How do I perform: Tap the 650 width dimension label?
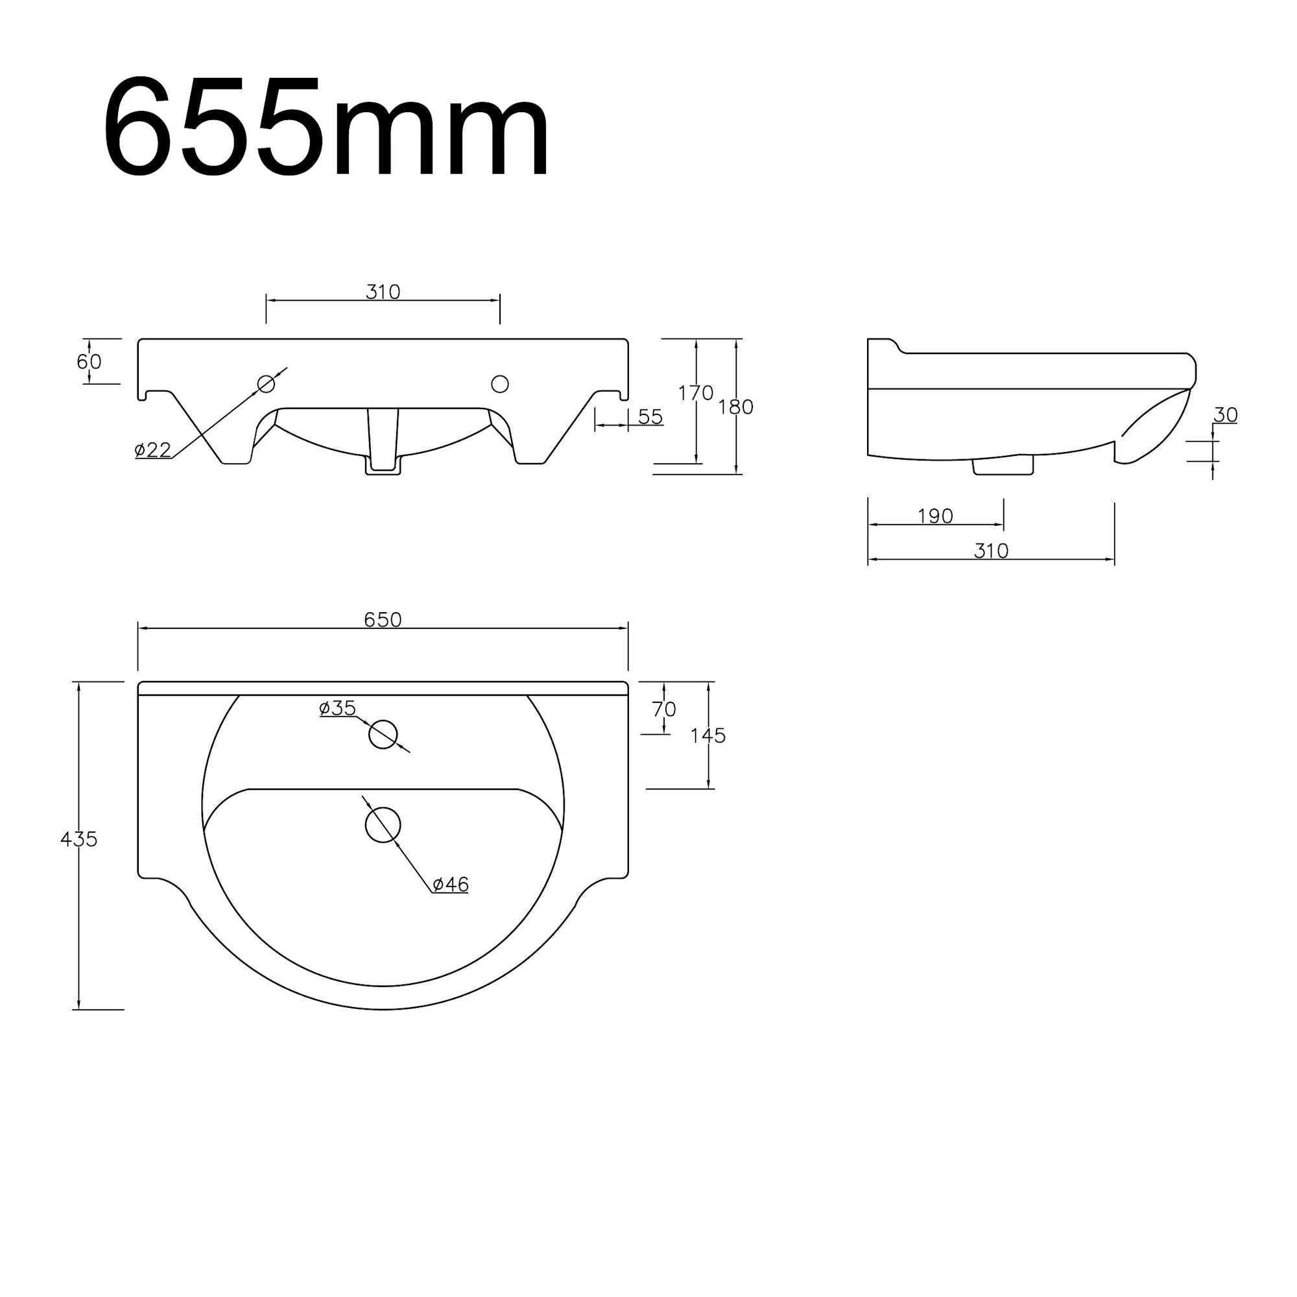[383, 619]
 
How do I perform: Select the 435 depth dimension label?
[79, 839]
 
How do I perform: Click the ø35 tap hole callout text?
[338, 708]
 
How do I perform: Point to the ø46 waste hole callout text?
[451, 884]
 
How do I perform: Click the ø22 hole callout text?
[153, 449]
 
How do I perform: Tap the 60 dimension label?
[89, 362]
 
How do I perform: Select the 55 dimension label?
[650, 417]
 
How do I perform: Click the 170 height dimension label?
[695, 393]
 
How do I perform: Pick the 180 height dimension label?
[736, 407]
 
